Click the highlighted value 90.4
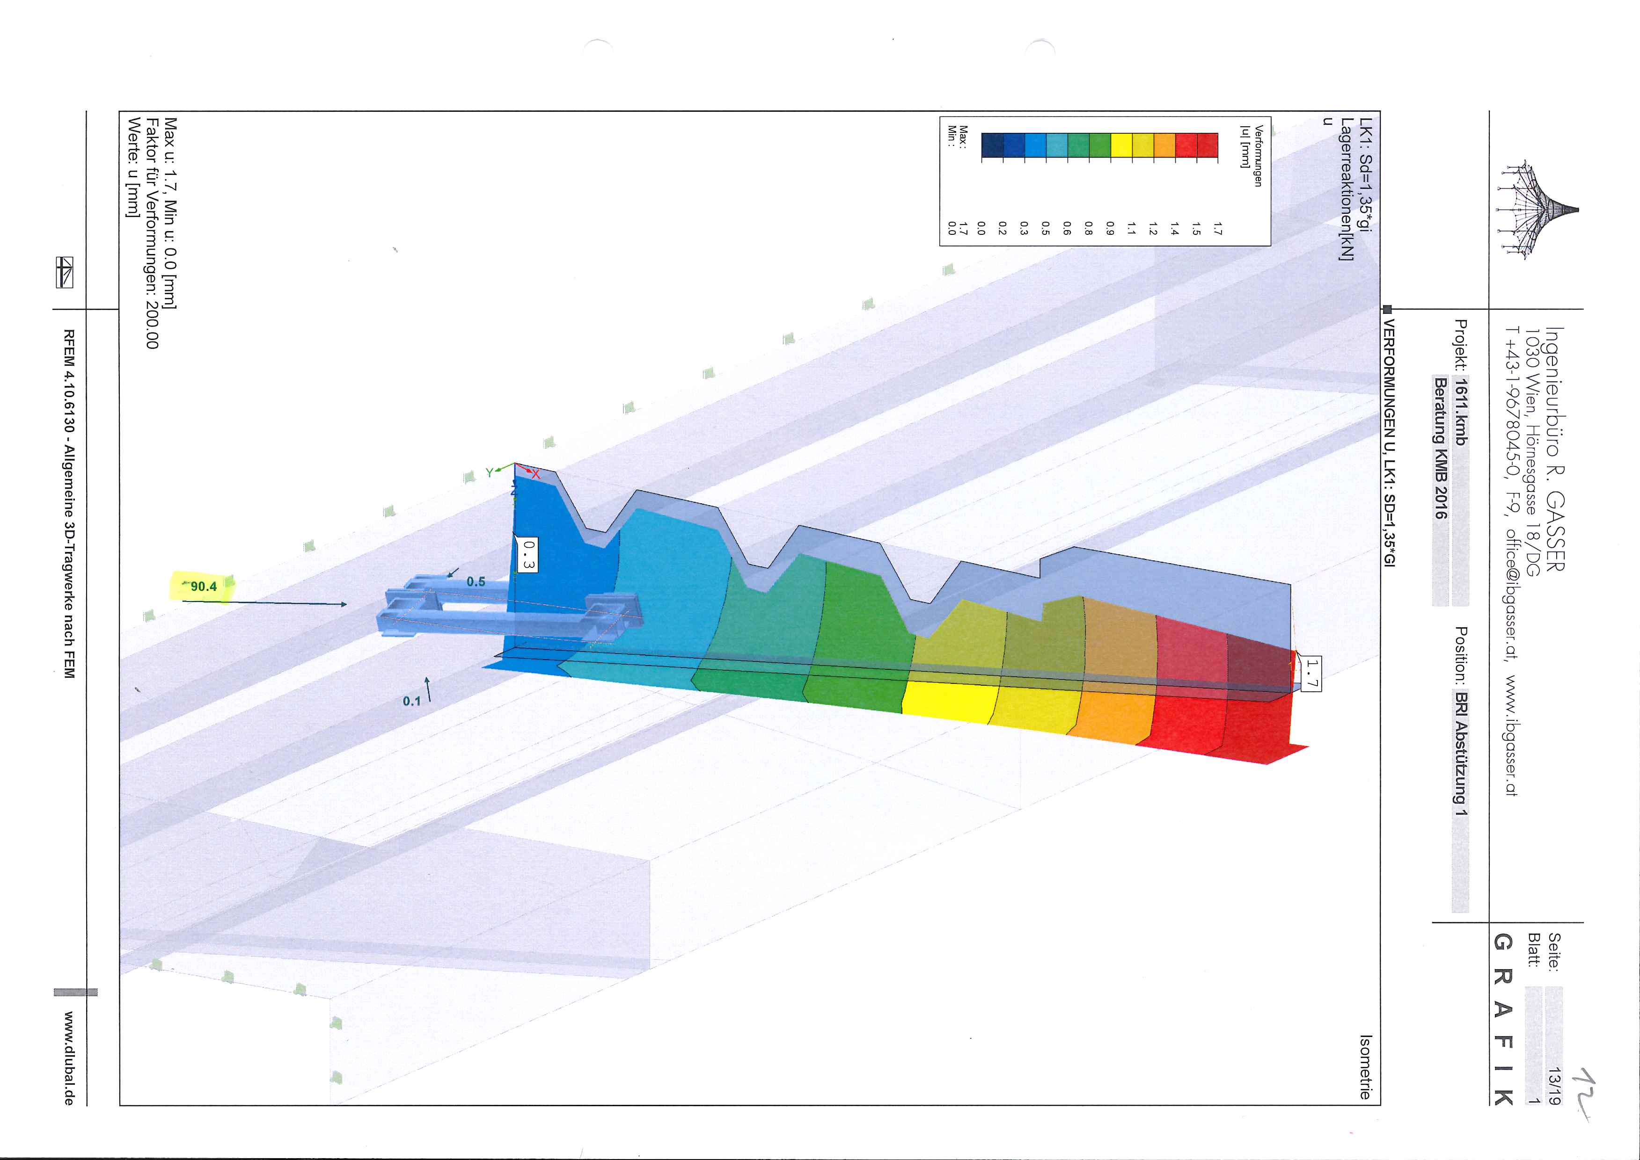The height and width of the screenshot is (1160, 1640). click(x=203, y=587)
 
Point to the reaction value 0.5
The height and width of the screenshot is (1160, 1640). click(x=476, y=581)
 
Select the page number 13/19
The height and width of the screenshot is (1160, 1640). click(x=1553, y=1086)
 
